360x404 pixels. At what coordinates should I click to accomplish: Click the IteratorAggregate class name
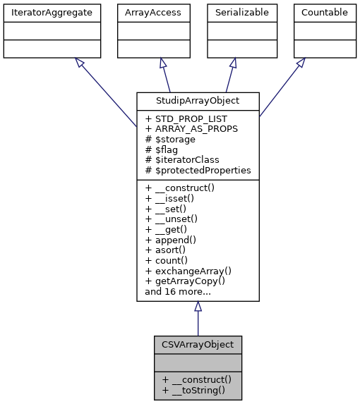(51, 13)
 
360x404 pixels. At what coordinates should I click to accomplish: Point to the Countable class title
(324, 13)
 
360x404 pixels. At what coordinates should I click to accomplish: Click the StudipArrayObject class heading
(198, 101)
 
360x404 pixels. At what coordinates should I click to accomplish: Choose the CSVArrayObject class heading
(198, 345)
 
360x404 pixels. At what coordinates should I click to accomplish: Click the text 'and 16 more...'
(177, 290)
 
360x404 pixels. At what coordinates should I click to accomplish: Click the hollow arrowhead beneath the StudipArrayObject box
(198, 307)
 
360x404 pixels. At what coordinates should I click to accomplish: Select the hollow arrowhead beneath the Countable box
(300, 63)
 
